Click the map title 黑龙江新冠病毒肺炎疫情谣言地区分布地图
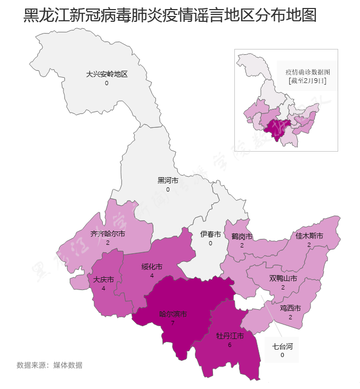pos(170,15)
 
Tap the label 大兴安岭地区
pos(107,75)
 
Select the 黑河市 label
pos(168,180)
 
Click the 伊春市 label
pos(210,234)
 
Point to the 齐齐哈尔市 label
pos(108,234)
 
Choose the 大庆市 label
pos(103,279)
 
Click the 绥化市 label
pos(152,267)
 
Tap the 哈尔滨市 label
pos(173,314)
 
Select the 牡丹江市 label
pos(230,336)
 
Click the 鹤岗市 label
pos(242,236)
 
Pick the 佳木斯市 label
pos(309,236)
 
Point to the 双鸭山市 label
pos(283,278)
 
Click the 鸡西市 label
pos(290,308)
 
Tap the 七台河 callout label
pos(282,346)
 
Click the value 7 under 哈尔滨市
pos(173,323)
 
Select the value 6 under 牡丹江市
pos(230,345)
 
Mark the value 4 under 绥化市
pos(152,276)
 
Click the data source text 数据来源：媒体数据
pos(50,365)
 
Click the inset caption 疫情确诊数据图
pos(308,72)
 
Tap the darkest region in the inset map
pos(276,129)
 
